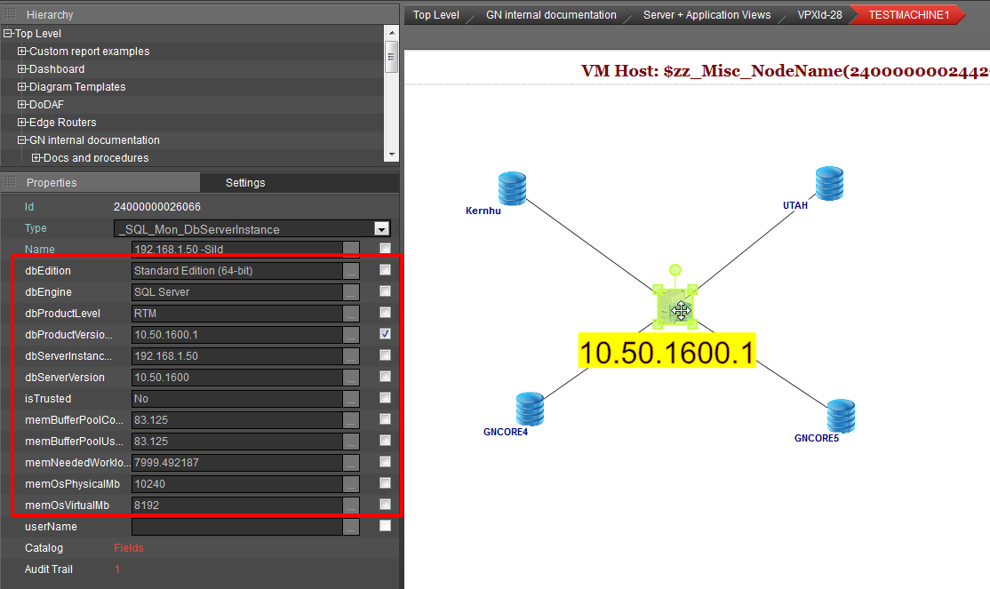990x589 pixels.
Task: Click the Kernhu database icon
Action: click(512, 188)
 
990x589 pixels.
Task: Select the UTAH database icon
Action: click(829, 183)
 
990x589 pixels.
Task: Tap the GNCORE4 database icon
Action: click(530, 409)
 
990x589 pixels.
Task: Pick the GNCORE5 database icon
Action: click(841, 416)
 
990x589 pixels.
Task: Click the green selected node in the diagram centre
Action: click(675, 306)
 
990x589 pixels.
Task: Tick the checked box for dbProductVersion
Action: click(385, 334)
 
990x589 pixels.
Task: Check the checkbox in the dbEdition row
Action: click(385, 269)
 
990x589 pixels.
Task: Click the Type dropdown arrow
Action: click(381, 228)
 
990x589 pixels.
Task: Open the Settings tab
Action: click(245, 182)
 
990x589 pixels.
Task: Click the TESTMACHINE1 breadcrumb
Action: click(908, 14)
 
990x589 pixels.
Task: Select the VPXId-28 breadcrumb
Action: click(819, 14)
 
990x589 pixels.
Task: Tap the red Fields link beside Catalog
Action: click(129, 548)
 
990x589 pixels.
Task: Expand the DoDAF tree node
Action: click(22, 104)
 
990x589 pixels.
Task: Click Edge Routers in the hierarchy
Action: click(62, 123)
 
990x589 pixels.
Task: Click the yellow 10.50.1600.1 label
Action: click(667, 351)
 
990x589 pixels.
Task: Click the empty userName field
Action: click(236, 527)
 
